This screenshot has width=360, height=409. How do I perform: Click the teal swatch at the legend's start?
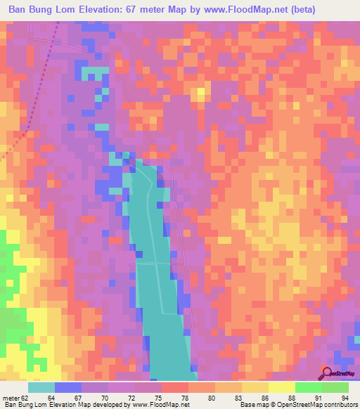(41, 387)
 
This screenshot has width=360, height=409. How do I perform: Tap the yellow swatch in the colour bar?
(281, 387)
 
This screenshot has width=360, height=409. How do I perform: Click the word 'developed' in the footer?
(110, 405)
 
